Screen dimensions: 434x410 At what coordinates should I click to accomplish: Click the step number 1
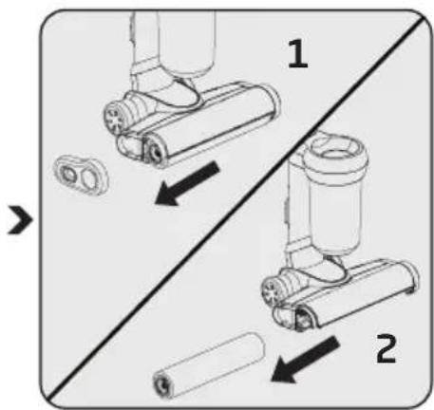click(298, 54)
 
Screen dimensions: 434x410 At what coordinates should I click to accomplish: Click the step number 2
click(387, 349)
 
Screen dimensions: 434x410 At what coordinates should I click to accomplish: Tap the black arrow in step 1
click(187, 183)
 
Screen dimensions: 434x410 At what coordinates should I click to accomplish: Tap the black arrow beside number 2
click(305, 360)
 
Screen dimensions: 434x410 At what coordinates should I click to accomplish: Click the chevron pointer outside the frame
click(20, 220)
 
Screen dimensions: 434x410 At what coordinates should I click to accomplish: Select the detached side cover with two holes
click(81, 174)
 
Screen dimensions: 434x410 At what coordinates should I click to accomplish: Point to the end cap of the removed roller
click(163, 385)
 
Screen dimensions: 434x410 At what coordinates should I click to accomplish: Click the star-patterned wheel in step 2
click(271, 290)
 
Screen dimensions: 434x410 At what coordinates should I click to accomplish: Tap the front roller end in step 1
click(155, 152)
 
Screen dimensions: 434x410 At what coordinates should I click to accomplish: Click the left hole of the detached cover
click(67, 175)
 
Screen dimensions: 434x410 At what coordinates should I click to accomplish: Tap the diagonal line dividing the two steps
click(236, 209)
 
